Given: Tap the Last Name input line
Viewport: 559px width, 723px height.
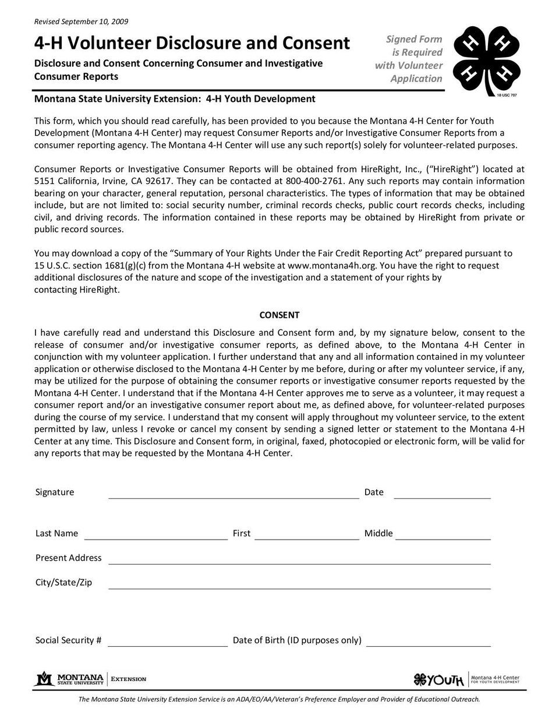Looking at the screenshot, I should [x=155, y=535].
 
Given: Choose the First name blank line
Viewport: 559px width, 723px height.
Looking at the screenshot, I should [x=306, y=535].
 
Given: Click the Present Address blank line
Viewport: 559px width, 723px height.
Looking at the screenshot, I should [x=299, y=559].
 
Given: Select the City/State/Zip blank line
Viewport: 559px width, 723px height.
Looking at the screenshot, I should [x=299, y=584].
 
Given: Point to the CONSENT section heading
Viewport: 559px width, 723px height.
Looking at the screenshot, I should [x=279, y=315].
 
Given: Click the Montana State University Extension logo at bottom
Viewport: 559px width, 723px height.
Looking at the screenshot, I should [x=91, y=679].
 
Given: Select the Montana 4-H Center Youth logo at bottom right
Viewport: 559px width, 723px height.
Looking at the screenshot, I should [x=466, y=679].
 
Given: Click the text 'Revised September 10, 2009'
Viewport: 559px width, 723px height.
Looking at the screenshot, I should [x=82, y=22].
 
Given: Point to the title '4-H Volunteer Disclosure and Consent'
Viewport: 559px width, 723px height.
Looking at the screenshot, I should [x=192, y=43].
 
